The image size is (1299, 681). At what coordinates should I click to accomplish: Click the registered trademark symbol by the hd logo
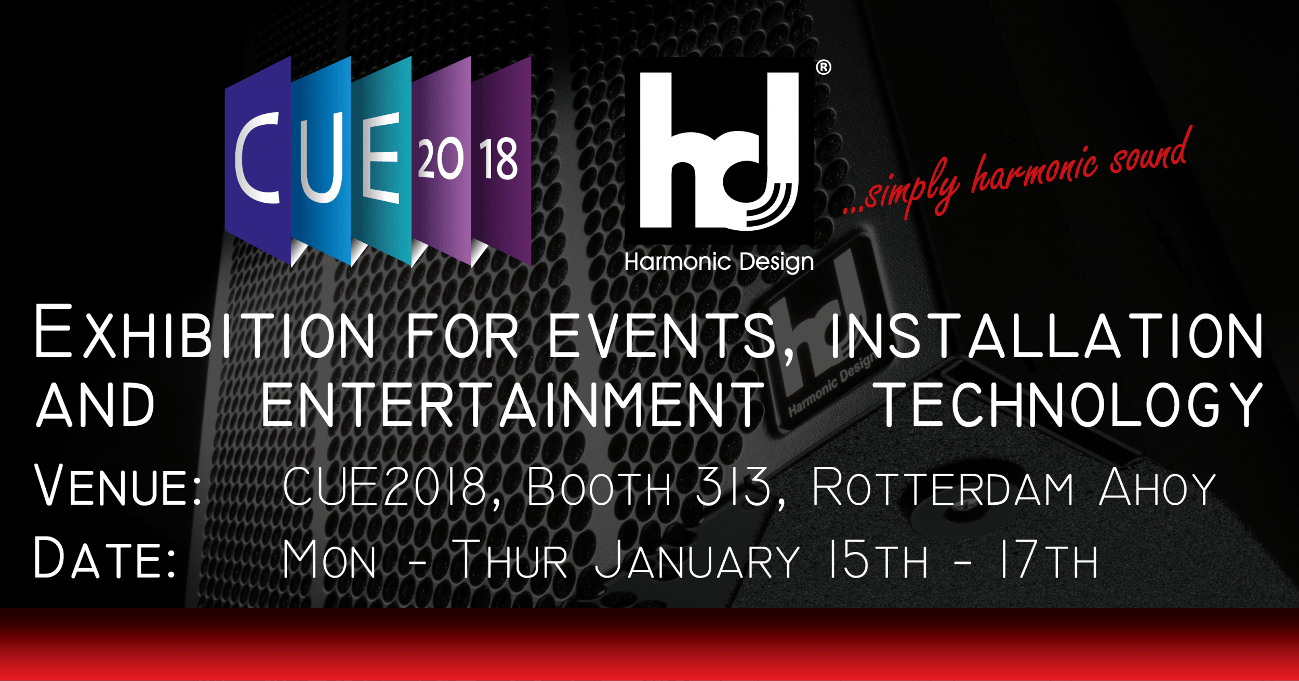click(824, 67)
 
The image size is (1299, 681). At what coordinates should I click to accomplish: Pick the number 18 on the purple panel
click(498, 159)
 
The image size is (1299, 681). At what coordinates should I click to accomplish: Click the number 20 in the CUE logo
click(440, 158)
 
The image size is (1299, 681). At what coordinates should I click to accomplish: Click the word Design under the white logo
click(776, 263)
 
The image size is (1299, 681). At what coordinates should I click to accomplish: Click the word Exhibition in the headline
click(205, 332)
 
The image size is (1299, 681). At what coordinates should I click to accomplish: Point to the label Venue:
click(118, 484)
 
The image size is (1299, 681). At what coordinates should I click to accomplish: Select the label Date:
click(105, 557)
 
